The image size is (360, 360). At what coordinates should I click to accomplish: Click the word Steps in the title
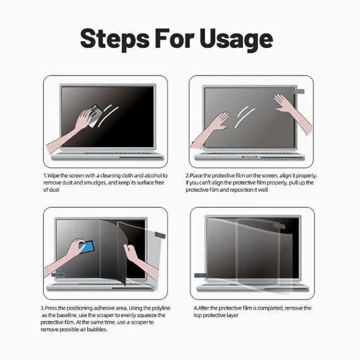(115, 39)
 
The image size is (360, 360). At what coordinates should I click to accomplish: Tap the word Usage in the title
(236, 39)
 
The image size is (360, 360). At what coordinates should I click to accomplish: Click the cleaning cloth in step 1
(95, 116)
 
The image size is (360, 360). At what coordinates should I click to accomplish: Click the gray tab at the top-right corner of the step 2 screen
(299, 91)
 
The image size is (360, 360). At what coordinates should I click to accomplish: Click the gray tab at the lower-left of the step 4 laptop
(200, 275)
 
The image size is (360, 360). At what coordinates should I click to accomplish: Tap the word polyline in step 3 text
(161, 308)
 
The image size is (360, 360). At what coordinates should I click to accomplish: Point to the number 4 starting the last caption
(196, 308)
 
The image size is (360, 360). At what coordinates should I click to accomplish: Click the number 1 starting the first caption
(45, 176)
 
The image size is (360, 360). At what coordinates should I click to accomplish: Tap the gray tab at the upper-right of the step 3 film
(160, 235)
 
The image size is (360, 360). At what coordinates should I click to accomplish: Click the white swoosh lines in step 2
(244, 117)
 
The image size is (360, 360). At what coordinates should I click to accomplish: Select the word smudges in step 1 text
(95, 183)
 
